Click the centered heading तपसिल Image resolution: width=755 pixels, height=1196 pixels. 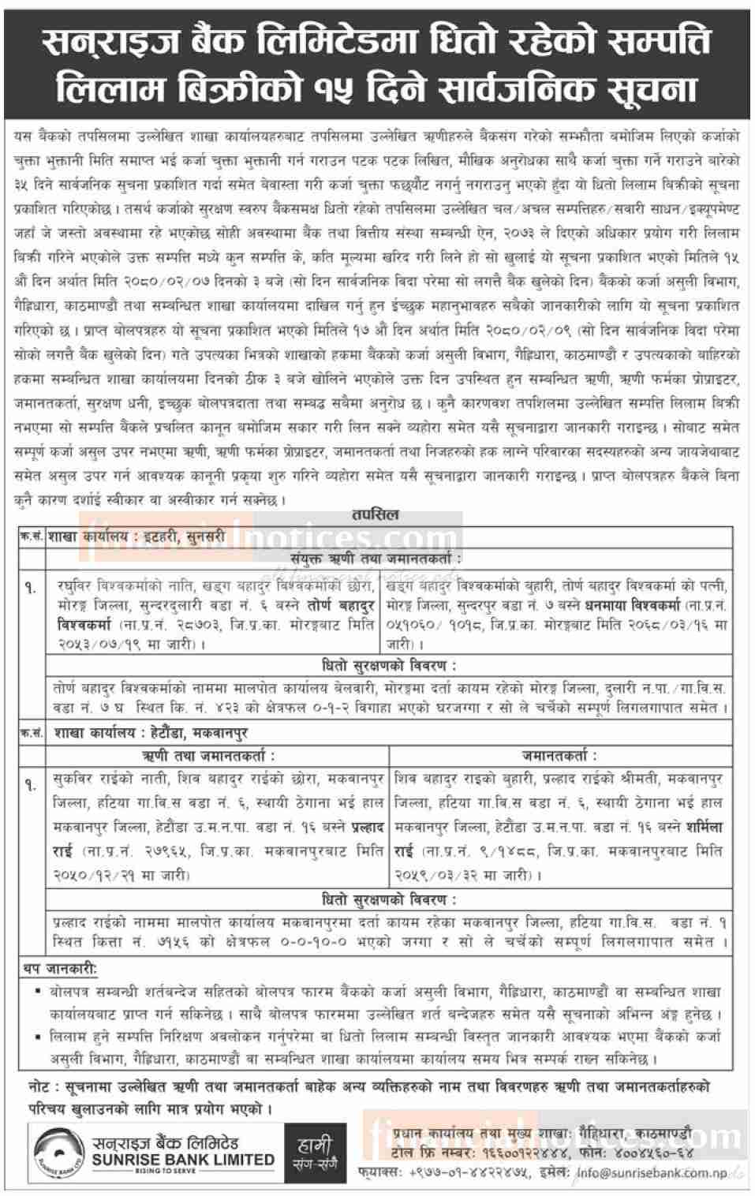377,514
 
